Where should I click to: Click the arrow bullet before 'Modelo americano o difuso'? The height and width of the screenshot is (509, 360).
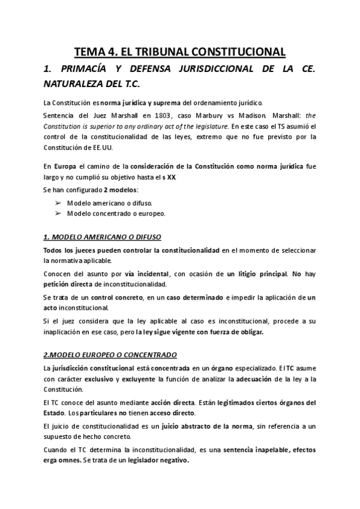58,203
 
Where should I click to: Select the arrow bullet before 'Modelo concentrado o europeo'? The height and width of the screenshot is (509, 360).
58,213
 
